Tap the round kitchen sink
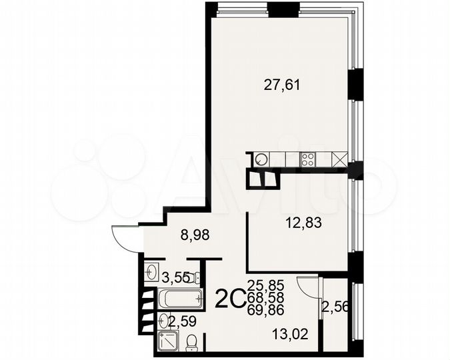pyautogui.click(x=261, y=159)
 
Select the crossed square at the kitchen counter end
pyautogui.click(x=339, y=159)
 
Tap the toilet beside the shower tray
pyautogui.click(x=191, y=341)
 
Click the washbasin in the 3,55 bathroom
pyautogui.click(x=151, y=272)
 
